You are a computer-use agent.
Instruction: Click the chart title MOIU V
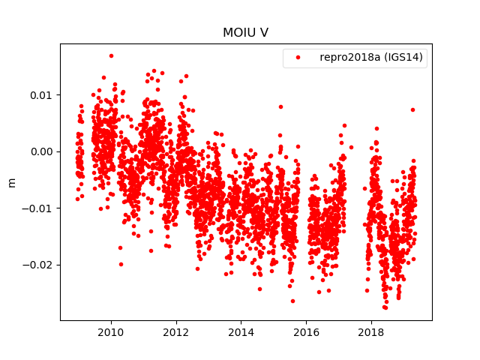click(x=245, y=33)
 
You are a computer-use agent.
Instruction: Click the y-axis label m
click(x=11, y=181)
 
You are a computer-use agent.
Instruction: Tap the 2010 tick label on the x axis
click(x=111, y=331)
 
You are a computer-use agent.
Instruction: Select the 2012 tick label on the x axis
click(x=176, y=331)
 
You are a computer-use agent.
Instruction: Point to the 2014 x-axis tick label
click(x=241, y=331)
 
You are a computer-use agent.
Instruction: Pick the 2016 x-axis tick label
click(x=306, y=331)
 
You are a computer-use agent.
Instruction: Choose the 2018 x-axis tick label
click(x=370, y=331)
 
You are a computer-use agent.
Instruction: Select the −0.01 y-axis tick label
click(x=40, y=208)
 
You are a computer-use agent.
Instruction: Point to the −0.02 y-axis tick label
click(x=40, y=265)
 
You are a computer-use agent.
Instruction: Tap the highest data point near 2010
click(x=111, y=55)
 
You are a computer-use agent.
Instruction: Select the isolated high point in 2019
click(x=412, y=109)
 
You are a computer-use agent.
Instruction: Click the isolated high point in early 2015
click(x=280, y=106)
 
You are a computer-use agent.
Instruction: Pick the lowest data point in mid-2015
click(x=292, y=301)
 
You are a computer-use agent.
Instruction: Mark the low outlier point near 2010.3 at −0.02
click(x=121, y=264)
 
